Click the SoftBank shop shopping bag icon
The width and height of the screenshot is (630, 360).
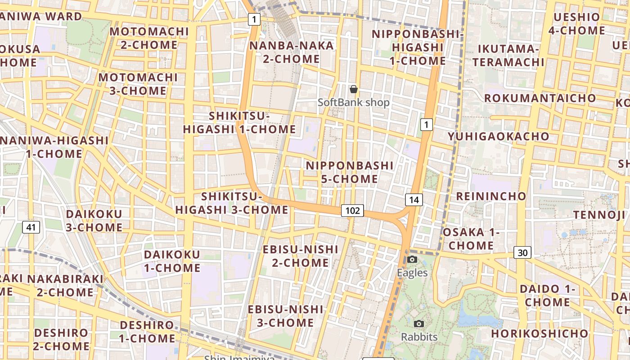[x=354, y=89]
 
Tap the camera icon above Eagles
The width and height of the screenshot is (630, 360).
[x=412, y=259]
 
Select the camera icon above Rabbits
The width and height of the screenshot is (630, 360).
[x=419, y=324]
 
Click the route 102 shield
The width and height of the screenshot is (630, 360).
[x=352, y=210]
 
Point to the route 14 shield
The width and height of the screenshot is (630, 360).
[x=414, y=200]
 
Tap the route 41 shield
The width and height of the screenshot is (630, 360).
[x=31, y=227]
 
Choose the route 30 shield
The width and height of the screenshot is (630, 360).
[x=522, y=253]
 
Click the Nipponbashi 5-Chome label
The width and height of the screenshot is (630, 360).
[x=350, y=172]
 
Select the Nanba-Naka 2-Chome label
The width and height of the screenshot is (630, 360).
[x=292, y=52]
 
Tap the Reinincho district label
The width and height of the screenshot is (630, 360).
[x=491, y=196]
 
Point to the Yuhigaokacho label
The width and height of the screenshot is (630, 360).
[x=499, y=136]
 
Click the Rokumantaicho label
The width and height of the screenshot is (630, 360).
[x=540, y=98]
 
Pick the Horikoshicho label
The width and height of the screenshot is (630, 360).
[x=540, y=334]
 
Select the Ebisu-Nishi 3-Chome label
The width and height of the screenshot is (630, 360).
[x=286, y=316]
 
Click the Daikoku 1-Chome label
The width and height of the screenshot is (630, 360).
[x=172, y=261]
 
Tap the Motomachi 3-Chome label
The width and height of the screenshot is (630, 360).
[x=138, y=84]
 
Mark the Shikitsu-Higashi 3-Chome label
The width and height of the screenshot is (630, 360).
[x=232, y=203]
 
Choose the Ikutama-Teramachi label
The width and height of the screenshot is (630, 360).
[x=508, y=55]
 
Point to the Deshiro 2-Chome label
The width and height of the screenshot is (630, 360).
[x=61, y=339]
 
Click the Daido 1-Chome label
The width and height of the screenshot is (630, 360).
[x=548, y=295]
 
